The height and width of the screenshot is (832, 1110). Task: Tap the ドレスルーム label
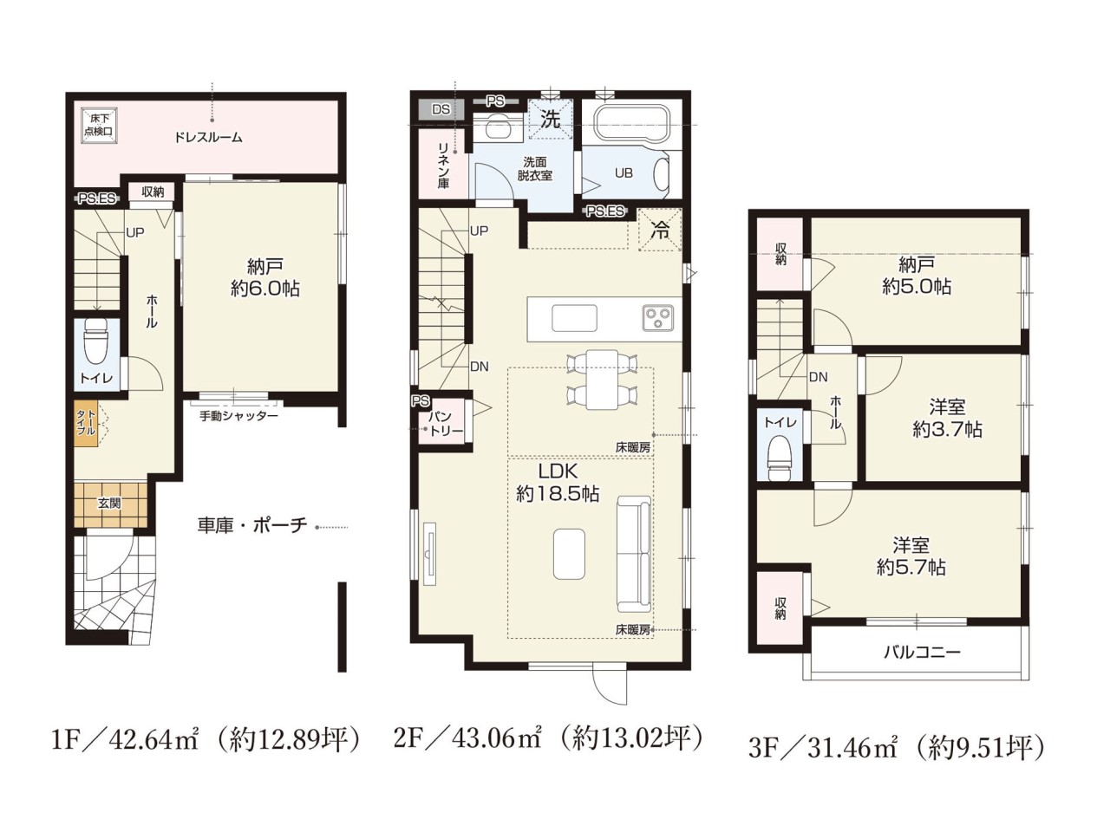point(208,138)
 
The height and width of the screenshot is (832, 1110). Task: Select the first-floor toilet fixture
point(96,341)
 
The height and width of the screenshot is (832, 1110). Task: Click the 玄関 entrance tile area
point(111,504)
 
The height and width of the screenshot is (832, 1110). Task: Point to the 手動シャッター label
point(238,416)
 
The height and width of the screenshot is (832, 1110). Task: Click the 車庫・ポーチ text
point(251,526)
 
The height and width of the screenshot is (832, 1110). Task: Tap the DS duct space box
point(441,109)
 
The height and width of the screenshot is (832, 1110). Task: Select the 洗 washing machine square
point(551,120)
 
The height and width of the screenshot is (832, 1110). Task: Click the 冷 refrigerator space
point(659,230)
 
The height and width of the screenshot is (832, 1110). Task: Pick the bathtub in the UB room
point(631,125)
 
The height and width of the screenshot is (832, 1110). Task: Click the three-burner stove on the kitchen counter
point(658,318)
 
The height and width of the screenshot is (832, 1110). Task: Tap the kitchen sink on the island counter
point(574,318)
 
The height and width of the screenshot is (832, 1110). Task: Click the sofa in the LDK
point(634,555)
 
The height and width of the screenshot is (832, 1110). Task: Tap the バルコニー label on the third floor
point(921,652)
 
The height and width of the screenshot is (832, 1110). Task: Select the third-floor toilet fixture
point(780,458)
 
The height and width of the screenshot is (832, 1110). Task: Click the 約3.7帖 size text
point(947,429)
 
